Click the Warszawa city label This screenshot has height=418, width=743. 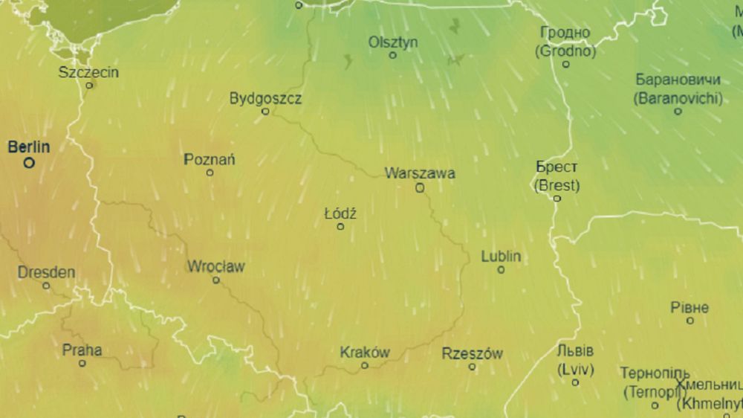coord(420,173)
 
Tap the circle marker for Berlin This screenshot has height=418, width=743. coord(29,162)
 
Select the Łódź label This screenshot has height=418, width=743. coord(340,214)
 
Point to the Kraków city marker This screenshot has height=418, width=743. coord(365,365)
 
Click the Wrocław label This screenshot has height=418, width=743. coord(215,266)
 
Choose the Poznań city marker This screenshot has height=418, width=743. coord(210,173)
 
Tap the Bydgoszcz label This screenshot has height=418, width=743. coord(265,98)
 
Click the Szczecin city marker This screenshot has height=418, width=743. coord(89,86)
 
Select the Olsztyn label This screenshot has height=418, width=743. coord(393,42)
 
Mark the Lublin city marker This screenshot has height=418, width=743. coord(501,270)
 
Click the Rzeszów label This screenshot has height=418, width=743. coord(472,353)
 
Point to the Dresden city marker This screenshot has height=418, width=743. coord(46,286)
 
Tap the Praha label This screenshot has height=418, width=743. coord(82,350)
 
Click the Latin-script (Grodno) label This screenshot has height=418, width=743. coord(565,52)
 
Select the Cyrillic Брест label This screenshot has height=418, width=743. coord(557,167)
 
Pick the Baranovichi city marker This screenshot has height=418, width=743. coord(678,112)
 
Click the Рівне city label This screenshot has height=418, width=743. coord(690,307)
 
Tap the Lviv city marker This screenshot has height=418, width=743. coord(576,382)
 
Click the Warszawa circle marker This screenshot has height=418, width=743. coord(420,188)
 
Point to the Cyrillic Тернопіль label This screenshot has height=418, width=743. coord(655,373)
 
